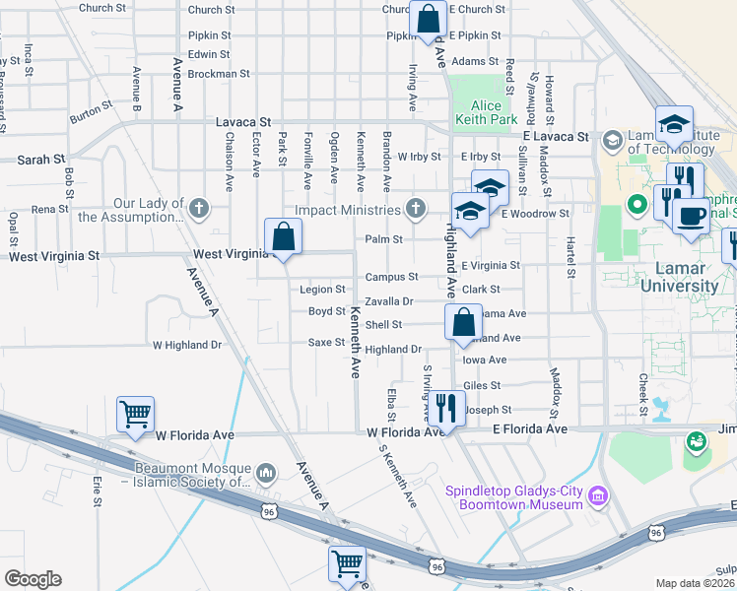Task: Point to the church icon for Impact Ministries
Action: click(x=416, y=209)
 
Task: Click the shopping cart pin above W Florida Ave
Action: click(x=135, y=414)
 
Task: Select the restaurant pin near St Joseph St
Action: click(x=446, y=407)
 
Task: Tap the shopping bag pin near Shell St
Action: click(x=462, y=322)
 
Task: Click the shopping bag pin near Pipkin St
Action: click(x=429, y=19)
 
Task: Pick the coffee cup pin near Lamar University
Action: click(x=691, y=214)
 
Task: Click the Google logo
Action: click(x=32, y=579)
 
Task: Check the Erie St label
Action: click(x=98, y=492)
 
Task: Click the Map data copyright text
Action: click(x=696, y=583)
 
